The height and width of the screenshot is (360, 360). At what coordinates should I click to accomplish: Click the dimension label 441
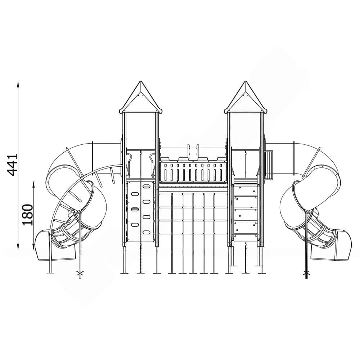click(12, 165)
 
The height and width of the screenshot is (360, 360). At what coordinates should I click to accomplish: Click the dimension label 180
click(28, 215)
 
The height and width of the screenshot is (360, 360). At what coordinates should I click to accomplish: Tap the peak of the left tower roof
click(140, 81)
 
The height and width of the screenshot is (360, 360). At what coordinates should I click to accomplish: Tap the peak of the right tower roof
click(245, 81)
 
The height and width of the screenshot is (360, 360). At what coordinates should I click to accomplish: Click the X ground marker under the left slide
click(80, 273)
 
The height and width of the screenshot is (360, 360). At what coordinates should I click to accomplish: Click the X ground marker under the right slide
click(306, 273)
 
